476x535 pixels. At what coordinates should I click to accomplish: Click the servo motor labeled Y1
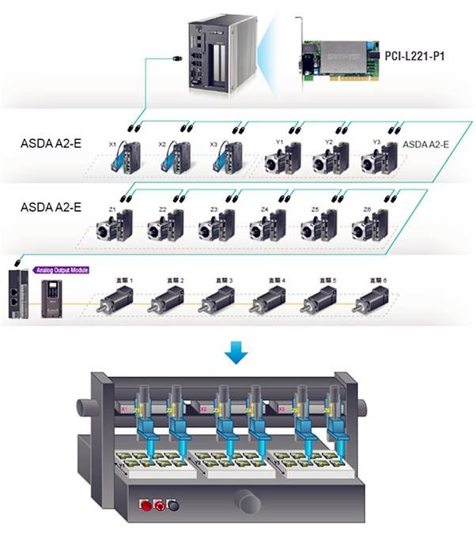[x=280, y=157]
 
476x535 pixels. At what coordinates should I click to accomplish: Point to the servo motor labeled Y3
[x=379, y=157]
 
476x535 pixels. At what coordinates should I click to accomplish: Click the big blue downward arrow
[x=236, y=353]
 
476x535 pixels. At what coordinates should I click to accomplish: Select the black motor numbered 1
[x=114, y=300]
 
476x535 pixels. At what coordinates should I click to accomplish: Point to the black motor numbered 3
[x=217, y=300]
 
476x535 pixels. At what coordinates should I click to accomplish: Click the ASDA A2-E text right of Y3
[x=426, y=144]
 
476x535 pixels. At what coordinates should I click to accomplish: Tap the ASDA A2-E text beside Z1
[x=51, y=207]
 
